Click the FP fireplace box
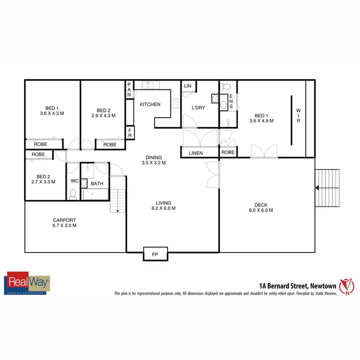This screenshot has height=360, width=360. pos(155,253)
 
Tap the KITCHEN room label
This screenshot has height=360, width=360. pos(150,105)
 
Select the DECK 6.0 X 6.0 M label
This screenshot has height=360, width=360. pos(261,207)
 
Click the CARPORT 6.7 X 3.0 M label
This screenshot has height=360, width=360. pos(64,223)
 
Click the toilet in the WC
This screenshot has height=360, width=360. pos(73,193)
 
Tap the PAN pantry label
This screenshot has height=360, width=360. pos(129,90)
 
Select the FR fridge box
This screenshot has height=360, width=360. pos(130,133)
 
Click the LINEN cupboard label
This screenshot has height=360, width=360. pos(196,153)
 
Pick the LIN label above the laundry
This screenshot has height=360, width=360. pos(188,86)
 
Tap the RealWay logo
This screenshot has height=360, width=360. pos(27,283)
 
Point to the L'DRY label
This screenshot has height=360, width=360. pos(198,108)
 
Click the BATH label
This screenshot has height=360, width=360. pos(97,183)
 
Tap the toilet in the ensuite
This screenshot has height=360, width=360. pos(228,86)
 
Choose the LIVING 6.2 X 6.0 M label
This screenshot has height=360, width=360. pos(163,205)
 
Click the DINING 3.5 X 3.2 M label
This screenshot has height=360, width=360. pos(154,160)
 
